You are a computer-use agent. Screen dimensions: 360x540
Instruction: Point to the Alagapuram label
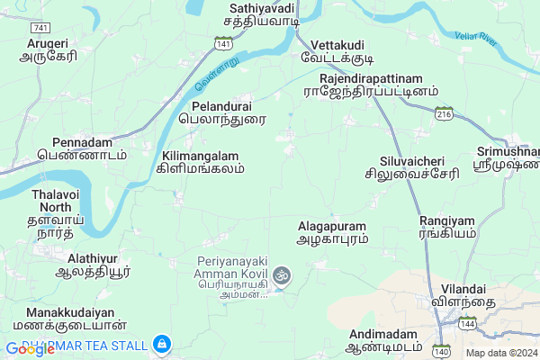pos(333,234)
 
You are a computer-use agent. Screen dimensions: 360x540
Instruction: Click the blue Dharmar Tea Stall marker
pos(161,343)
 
